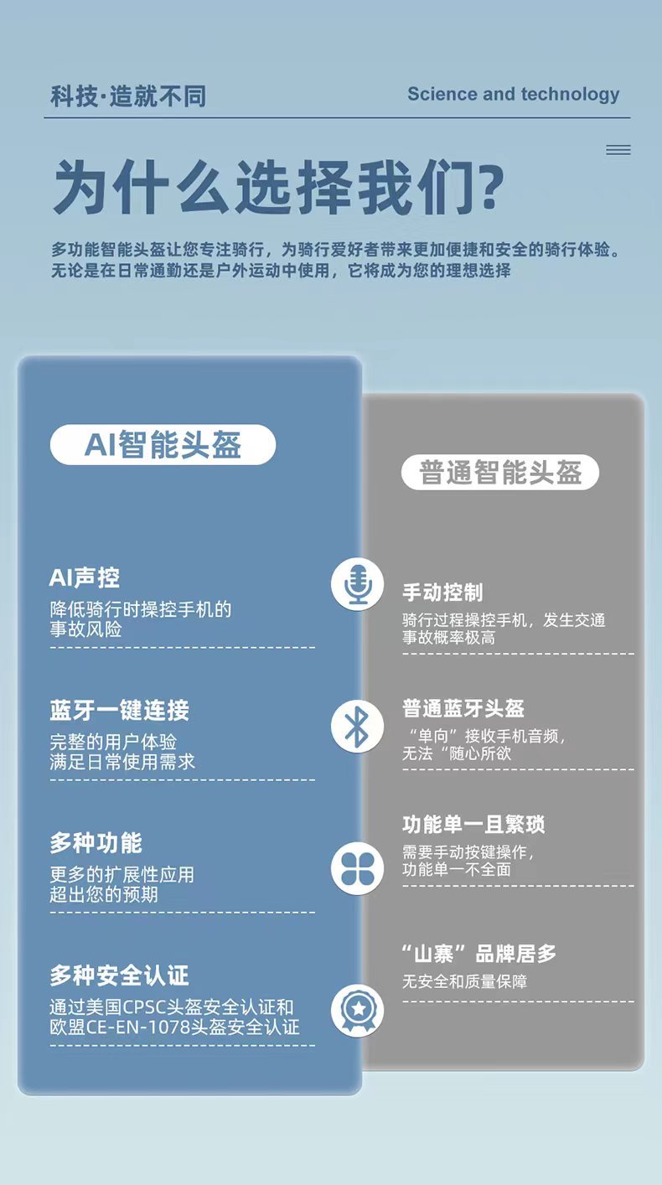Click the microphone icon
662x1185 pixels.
[358, 584]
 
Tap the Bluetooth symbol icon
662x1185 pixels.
[358, 726]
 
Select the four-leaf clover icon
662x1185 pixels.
[358, 868]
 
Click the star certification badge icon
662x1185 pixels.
[358, 1010]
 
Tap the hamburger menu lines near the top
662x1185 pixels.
[618, 150]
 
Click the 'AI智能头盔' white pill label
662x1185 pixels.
[163, 444]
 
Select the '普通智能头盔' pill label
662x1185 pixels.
[500, 473]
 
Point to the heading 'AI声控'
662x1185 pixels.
[85, 577]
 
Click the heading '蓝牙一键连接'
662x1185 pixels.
[120, 711]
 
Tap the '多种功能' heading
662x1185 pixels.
[96, 843]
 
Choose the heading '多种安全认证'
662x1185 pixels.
[120, 975]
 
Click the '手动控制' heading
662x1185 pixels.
[442, 592]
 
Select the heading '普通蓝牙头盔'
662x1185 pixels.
[463, 708]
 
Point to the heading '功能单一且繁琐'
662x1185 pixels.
[473, 825]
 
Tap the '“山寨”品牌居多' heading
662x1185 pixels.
[479, 954]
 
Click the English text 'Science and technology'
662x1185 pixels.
[513, 95]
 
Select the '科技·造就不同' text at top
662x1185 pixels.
[128, 96]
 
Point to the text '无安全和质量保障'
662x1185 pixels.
[465, 981]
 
